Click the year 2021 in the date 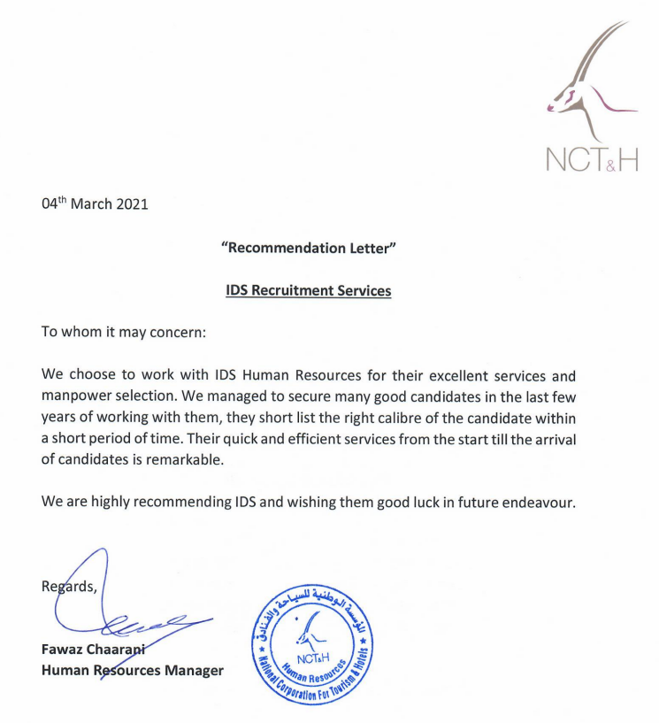click(131, 204)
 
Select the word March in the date click(91, 204)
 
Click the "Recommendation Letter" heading click(308, 248)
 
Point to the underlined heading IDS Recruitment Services click(308, 290)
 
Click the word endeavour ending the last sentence click(537, 502)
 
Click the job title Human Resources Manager click(132, 671)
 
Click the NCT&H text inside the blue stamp click(313, 659)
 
